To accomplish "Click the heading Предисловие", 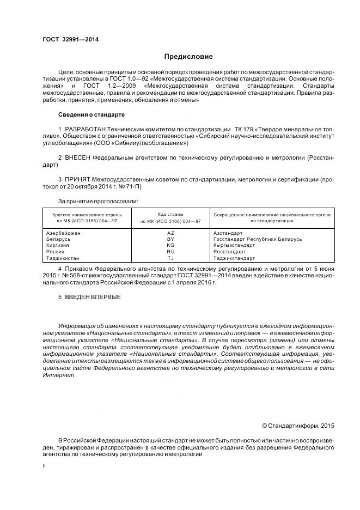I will (188, 57).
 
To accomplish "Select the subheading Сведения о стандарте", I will (91, 115).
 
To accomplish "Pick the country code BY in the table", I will (170, 239).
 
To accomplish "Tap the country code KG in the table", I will (170, 245).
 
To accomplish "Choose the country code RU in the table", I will (170, 252).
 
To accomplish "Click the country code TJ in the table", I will (170, 258).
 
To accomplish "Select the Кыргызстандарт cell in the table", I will (234, 245).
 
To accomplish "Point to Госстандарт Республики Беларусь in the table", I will (258, 239).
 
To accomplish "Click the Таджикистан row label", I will (63, 258).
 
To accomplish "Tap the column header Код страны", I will (170, 215).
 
